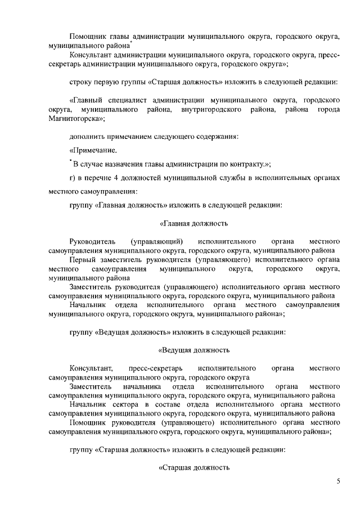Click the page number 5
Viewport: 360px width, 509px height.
[338, 481]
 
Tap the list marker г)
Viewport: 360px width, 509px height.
[73, 178]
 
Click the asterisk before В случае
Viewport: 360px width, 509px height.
[70, 162]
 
